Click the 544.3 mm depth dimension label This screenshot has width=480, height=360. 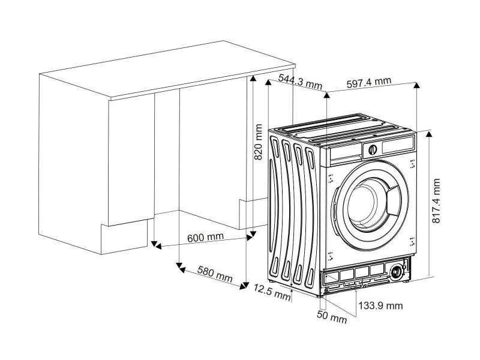(x=301, y=82)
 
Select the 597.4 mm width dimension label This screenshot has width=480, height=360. (x=369, y=83)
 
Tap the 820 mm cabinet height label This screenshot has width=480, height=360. (x=259, y=142)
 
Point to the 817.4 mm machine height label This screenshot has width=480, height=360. (x=436, y=201)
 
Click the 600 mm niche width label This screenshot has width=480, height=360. (x=205, y=237)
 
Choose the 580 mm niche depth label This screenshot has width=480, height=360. (x=215, y=274)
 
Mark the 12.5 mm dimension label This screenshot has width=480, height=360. (x=272, y=292)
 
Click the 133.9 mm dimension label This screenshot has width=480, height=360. (x=380, y=305)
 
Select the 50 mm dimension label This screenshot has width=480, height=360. (x=332, y=317)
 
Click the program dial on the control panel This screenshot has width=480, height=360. (x=372, y=149)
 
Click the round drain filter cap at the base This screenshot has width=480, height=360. (x=397, y=272)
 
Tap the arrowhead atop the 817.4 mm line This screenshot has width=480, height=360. (x=429, y=134)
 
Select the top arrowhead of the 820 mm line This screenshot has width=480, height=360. (x=253, y=79)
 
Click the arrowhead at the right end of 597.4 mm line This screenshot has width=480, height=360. (x=416, y=85)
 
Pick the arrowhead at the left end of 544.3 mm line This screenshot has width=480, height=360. (x=268, y=82)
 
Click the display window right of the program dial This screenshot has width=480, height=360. (x=397, y=145)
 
